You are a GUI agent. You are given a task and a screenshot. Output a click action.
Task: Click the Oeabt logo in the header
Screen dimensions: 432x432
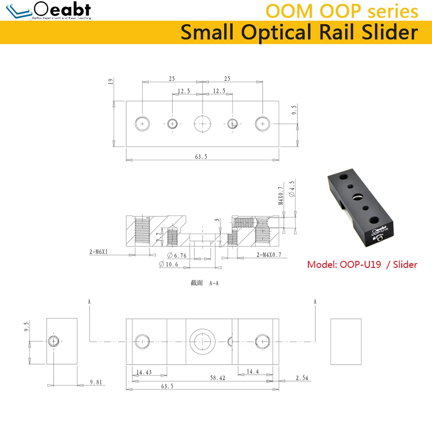point(48,10)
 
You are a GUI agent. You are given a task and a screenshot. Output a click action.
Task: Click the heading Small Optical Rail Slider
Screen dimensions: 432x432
point(299,32)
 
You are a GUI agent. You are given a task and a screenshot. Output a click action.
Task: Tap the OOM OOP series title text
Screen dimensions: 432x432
point(342,11)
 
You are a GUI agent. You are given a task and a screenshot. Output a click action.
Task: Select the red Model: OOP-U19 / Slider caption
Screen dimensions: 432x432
point(362,264)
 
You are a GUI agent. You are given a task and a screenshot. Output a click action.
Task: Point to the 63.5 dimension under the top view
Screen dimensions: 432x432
point(201,157)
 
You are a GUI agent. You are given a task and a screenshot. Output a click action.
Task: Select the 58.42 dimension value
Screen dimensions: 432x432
point(217,378)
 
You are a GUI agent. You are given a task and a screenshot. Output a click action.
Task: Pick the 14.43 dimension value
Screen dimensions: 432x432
point(143,372)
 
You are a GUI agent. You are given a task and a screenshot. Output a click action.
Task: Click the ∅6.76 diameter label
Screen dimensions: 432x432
point(177,255)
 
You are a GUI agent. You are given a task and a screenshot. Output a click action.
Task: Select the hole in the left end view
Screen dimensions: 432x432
point(53,341)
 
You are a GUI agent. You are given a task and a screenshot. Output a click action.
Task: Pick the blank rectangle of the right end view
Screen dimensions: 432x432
point(346,341)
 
